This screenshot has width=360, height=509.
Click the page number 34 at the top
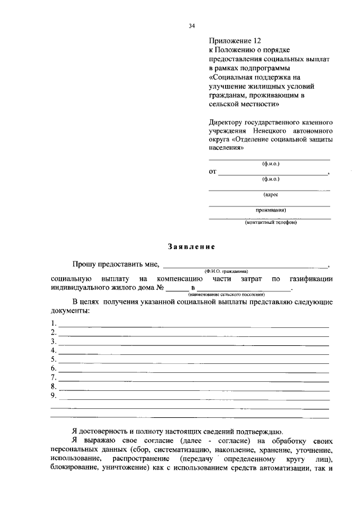[x=191, y=26]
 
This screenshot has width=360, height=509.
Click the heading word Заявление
[x=191, y=246]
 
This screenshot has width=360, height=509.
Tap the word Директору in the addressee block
[x=228, y=121]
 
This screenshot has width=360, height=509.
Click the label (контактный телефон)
[x=270, y=222]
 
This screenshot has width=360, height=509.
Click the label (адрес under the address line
[x=271, y=195]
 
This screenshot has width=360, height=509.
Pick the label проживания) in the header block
[x=271, y=210]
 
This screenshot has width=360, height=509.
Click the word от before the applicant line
[x=213, y=172]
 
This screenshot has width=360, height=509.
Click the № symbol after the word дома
[x=160, y=287]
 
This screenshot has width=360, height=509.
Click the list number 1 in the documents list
[x=53, y=323]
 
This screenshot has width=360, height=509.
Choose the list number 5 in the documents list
[x=53, y=359]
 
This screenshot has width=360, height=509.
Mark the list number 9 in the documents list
[x=53, y=395]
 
